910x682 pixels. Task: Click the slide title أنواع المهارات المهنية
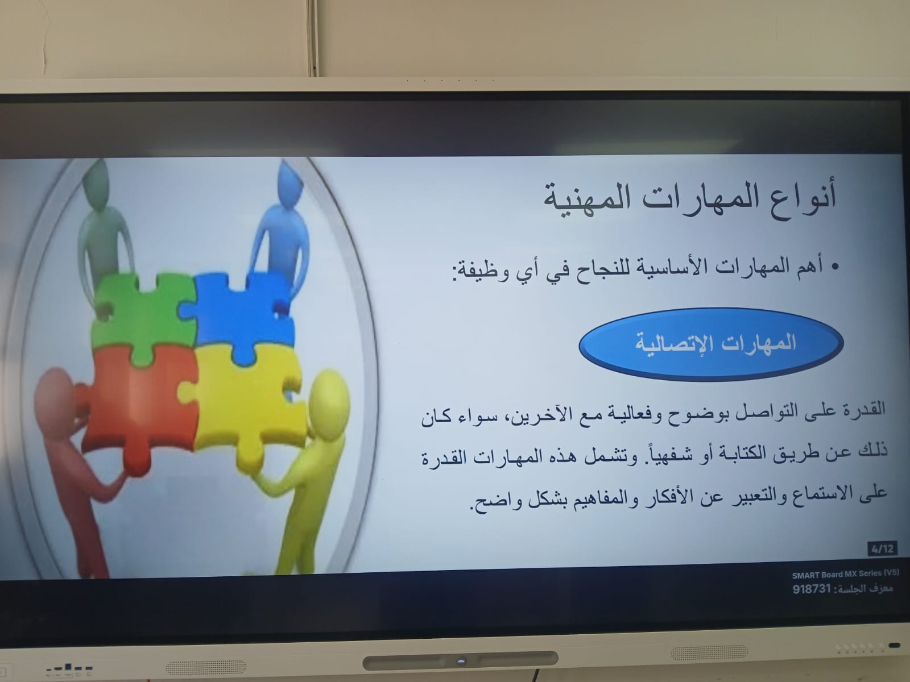pyautogui.click(x=689, y=198)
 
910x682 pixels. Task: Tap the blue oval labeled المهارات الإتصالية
pyautogui.click(x=711, y=344)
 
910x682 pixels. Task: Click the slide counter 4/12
pyautogui.click(x=882, y=549)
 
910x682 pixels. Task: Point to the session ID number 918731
pyautogui.click(x=812, y=589)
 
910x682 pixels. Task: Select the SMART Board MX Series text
pyautogui.click(x=845, y=575)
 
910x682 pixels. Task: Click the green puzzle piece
pyautogui.click(x=143, y=315)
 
